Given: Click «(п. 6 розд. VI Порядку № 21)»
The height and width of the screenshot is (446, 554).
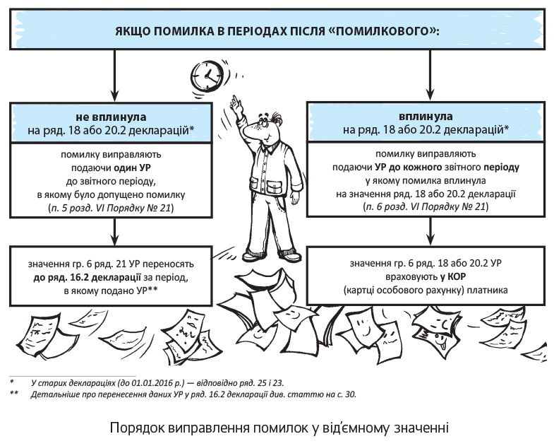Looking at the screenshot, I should (x=425, y=206).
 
